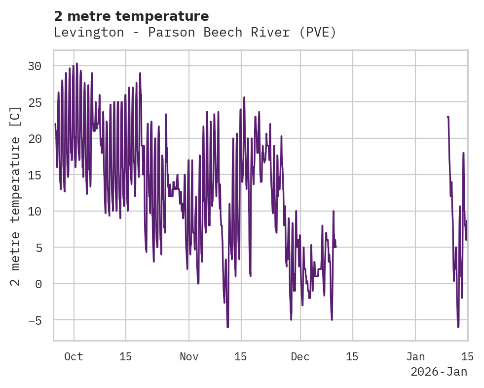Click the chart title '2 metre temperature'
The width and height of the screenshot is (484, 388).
(x=131, y=16)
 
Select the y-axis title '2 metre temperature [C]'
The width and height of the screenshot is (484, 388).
(x=16, y=196)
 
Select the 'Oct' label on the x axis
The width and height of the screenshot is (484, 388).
(x=74, y=357)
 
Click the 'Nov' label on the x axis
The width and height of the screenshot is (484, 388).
(x=189, y=357)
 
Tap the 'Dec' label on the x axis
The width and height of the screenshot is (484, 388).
(x=300, y=357)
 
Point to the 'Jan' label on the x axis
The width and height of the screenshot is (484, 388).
(x=415, y=357)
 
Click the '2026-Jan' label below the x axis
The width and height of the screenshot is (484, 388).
(x=439, y=372)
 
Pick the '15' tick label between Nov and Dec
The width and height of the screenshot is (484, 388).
(x=241, y=357)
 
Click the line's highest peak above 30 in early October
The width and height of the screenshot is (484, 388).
(x=77, y=63)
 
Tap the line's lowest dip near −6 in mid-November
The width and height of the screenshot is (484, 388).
(x=227, y=327)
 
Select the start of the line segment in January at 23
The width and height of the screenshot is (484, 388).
(x=447, y=117)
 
